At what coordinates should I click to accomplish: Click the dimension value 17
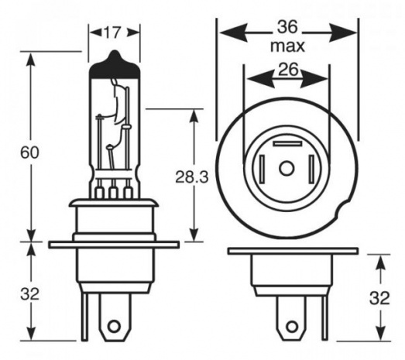112,33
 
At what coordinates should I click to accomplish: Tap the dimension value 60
29,153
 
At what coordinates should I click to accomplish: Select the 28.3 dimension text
191,177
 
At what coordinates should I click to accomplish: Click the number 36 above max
287,27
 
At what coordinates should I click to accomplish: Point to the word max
287,46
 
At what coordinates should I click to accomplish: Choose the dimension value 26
288,69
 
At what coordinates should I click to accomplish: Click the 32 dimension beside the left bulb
29,294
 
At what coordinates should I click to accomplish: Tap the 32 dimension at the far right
379,298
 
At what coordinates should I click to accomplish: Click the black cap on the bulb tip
115,67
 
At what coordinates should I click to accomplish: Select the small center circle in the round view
287,169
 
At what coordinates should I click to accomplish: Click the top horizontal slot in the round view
288,144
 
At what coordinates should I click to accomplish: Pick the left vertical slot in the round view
263,169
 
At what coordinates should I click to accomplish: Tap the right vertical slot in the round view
311,169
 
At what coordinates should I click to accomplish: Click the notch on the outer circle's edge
342,209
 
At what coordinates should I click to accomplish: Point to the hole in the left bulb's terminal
114,327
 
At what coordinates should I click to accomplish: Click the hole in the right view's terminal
292,327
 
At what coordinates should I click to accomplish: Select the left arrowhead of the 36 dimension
233,33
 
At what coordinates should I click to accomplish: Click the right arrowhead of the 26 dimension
315,78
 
